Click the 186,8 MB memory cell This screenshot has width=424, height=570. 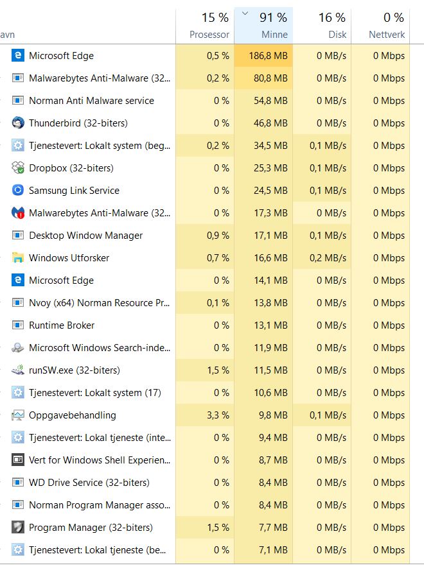point(268,56)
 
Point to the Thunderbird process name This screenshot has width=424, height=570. point(78,123)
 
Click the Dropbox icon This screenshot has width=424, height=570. point(18,168)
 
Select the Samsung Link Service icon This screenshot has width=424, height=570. point(18,191)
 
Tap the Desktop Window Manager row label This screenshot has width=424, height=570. point(85,236)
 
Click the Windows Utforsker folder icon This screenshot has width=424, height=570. point(18,258)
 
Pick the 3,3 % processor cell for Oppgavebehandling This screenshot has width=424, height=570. point(217,415)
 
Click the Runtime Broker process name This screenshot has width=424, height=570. point(62,325)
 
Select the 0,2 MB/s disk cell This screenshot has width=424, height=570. point(330,258)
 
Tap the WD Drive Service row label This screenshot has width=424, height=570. point(89,483)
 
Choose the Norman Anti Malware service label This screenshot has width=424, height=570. point(91,101)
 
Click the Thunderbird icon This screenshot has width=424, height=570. point(18,123)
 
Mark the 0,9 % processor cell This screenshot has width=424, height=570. point(217,236)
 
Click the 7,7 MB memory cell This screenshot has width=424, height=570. point(272,528)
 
